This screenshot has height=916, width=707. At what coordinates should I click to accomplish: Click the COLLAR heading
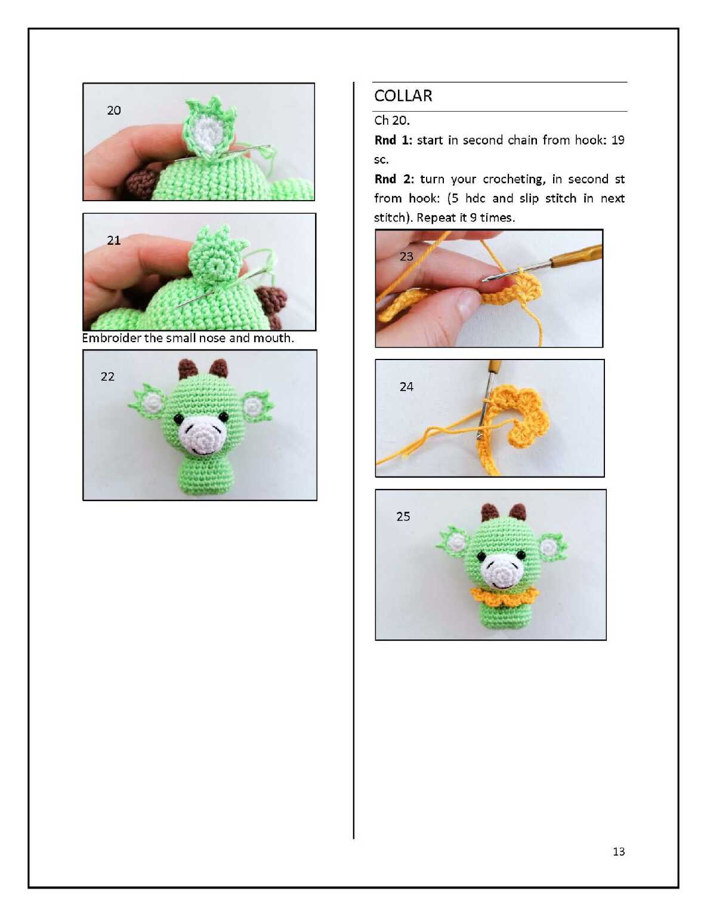click(403, 96)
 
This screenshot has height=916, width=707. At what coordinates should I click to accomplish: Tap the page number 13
click(619, 852)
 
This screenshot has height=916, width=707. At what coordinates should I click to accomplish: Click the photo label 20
click(114, 110)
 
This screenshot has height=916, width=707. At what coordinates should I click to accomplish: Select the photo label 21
click(114, 240)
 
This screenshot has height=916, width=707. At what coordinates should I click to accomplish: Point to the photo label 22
click(107, 376)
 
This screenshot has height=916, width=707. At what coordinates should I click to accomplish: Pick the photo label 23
click(406, 256)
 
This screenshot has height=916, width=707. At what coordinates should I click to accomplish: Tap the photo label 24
click(406, 386)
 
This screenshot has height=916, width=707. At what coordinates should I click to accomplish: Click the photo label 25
click(403, 517)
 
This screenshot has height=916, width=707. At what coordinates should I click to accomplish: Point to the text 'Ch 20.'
click(391, 121)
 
